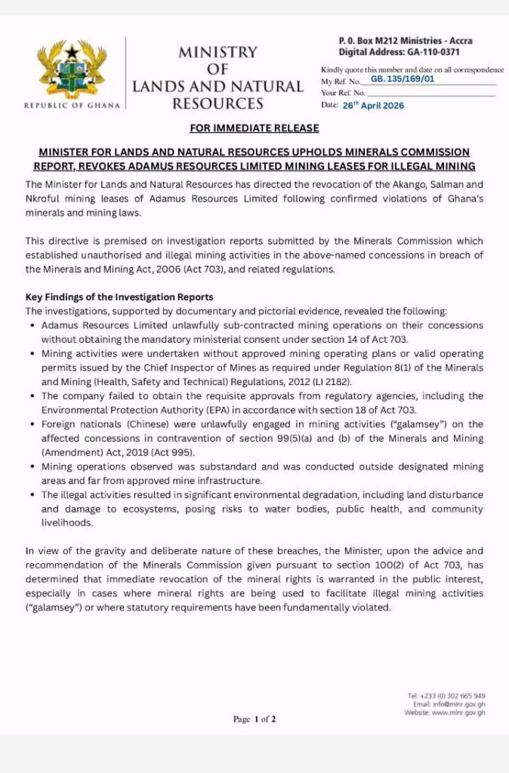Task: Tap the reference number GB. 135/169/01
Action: pos(403,78)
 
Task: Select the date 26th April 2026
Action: pos(373,106)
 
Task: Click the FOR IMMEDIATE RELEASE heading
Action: pos(254,128)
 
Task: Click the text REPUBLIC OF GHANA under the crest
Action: pos(72,106)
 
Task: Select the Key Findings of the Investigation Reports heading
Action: pos(119,297)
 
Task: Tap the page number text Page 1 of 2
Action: pos(254,719)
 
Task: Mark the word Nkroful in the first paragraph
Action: pos(45,199)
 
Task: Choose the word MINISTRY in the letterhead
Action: pos(217,53)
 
